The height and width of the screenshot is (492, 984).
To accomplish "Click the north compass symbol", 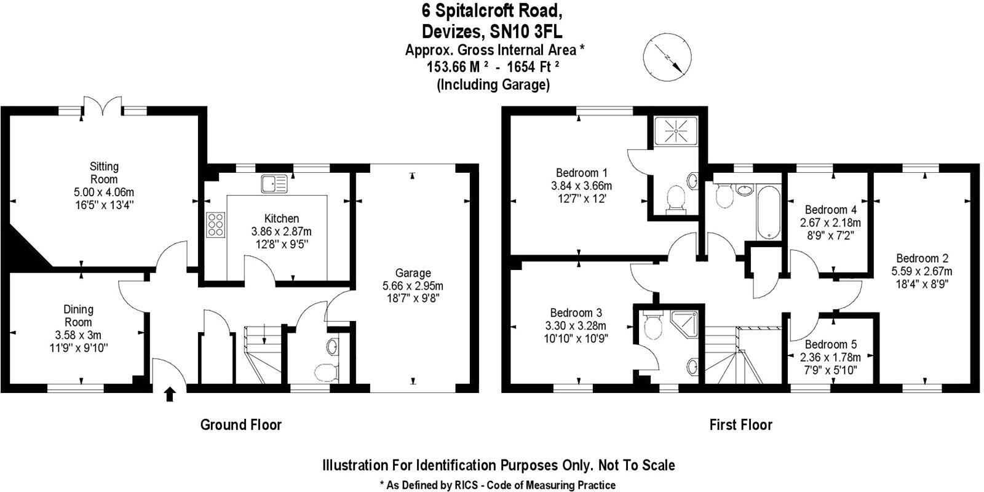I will coord(666,57).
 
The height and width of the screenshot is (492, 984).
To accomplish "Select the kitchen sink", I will coord(274,183).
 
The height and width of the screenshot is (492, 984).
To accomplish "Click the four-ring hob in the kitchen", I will coord(216,224).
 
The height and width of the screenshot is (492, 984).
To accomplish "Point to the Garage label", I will coord(413,273).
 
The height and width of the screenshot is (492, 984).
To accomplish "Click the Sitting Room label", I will coord(104,172).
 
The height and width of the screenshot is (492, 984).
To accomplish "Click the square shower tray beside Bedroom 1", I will coord(675,130).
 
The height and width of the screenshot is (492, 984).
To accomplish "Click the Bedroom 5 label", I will coord(830,344).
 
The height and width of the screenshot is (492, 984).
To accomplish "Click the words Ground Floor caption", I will coord(240,424).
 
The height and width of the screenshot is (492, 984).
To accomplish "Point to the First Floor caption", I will coord(740,424).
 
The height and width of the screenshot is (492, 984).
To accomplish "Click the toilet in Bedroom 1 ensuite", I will coord(675,200).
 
